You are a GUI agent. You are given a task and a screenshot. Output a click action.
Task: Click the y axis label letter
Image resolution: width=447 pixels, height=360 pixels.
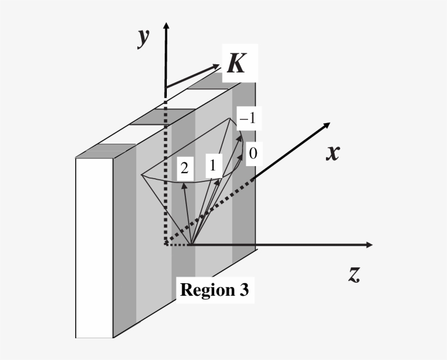click(143, 38)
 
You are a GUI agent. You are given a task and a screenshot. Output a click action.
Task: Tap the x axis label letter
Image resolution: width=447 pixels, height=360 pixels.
click(333, 153)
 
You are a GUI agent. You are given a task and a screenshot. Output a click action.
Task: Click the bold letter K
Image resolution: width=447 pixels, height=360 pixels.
click(236, 64)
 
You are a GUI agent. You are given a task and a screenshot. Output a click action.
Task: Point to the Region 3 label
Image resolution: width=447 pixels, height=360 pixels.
click(214, 290)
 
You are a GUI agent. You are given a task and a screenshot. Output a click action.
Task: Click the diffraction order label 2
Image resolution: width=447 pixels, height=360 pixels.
click(184, 169)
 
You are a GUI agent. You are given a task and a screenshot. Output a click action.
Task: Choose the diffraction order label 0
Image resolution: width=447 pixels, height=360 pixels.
click(252, 154)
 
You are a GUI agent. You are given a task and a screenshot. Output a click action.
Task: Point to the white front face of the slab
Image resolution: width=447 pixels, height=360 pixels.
click(94, 248)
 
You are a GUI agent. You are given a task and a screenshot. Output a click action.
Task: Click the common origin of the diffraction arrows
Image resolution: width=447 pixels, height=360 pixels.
click(191, 245)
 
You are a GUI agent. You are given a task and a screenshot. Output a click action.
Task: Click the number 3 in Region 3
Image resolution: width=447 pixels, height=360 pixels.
click(244, 290)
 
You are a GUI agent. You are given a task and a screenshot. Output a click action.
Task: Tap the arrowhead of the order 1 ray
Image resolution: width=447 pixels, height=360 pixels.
click(219, 181)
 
